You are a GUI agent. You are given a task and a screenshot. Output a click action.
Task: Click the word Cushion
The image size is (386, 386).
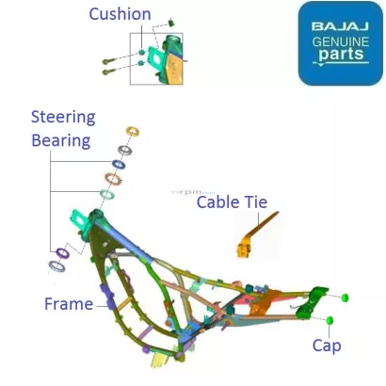point(120,14)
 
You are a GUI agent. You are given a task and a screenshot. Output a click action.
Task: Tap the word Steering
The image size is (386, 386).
point(63,118)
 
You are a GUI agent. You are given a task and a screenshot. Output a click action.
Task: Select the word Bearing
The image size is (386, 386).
point(60,139)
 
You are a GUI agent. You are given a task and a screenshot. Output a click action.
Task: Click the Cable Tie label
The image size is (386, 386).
point(232,202)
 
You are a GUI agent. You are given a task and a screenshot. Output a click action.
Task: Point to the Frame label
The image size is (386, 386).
point(69,304)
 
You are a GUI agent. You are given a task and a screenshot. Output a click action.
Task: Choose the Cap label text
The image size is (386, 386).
point(327,346)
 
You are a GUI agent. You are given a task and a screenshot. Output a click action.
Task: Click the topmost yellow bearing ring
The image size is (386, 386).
point(132,131)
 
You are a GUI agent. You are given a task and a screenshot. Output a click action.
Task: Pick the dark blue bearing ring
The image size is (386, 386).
point(124,150)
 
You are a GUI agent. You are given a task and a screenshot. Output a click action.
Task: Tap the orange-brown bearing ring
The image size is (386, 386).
point(114,177)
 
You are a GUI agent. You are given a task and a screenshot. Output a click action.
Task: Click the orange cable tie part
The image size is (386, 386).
point(249,238)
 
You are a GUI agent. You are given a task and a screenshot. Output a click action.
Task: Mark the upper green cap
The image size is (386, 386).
point(345,298)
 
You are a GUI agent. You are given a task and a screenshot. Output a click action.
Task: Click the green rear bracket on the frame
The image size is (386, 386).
point(307,306)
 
